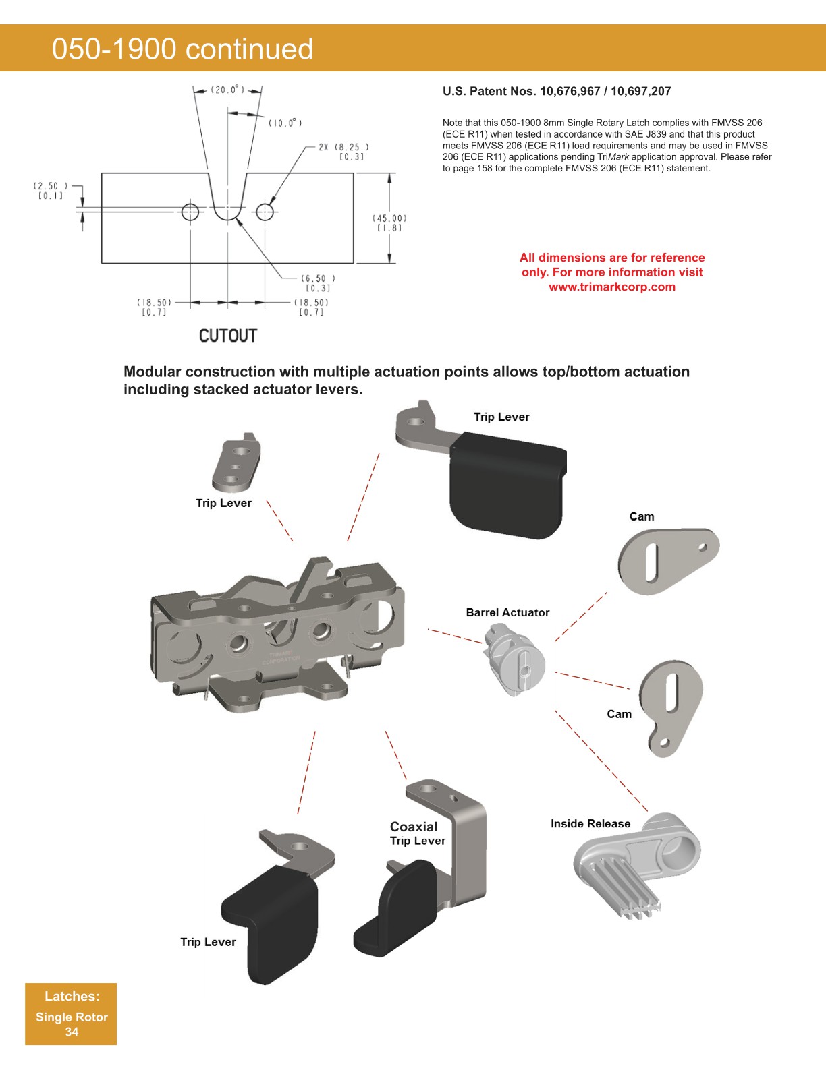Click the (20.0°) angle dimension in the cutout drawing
227,90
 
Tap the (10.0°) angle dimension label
285,123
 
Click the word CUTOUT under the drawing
228,336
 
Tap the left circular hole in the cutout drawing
190,212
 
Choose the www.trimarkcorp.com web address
612,287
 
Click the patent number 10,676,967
572,91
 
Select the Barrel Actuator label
507,612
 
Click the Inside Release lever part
634,863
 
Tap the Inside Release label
590,823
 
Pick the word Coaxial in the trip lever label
414,827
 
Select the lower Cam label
619,714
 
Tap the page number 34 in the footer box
72,1032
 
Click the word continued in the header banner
249,49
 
